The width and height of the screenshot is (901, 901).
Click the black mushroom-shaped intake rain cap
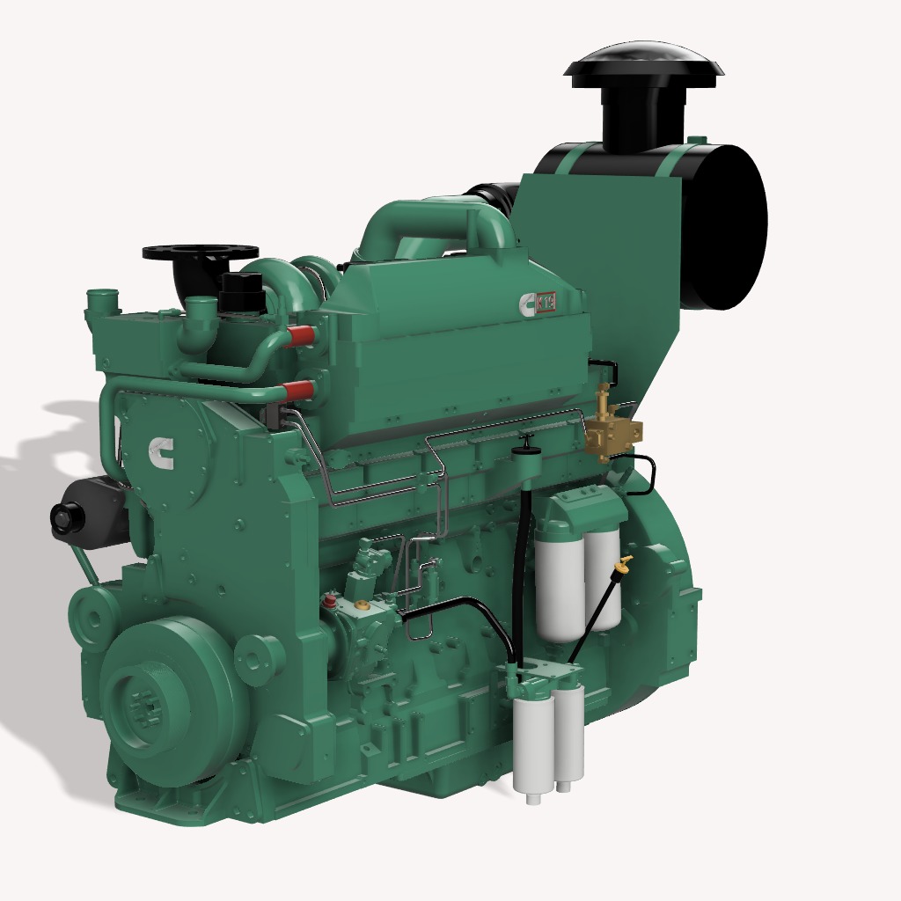coord(646,67)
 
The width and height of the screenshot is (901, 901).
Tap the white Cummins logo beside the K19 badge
coord(528,304)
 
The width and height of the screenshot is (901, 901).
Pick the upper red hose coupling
coord(300,335)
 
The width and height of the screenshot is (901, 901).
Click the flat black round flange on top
coord(200,252)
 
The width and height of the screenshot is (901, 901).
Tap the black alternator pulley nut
coord(66,518)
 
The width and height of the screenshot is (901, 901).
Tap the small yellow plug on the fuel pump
coord(361,604)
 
